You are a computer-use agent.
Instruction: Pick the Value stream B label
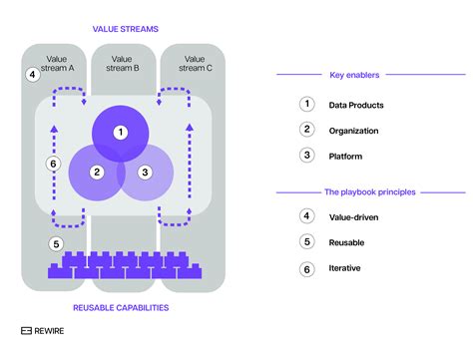(125, 64)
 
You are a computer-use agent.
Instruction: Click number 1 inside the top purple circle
(121, 132)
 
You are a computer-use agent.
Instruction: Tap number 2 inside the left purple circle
(97, 172)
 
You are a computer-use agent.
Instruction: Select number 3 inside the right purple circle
(146, 172)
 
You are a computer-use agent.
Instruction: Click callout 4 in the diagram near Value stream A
(32, 74)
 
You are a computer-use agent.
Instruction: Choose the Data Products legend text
(356, 104)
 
